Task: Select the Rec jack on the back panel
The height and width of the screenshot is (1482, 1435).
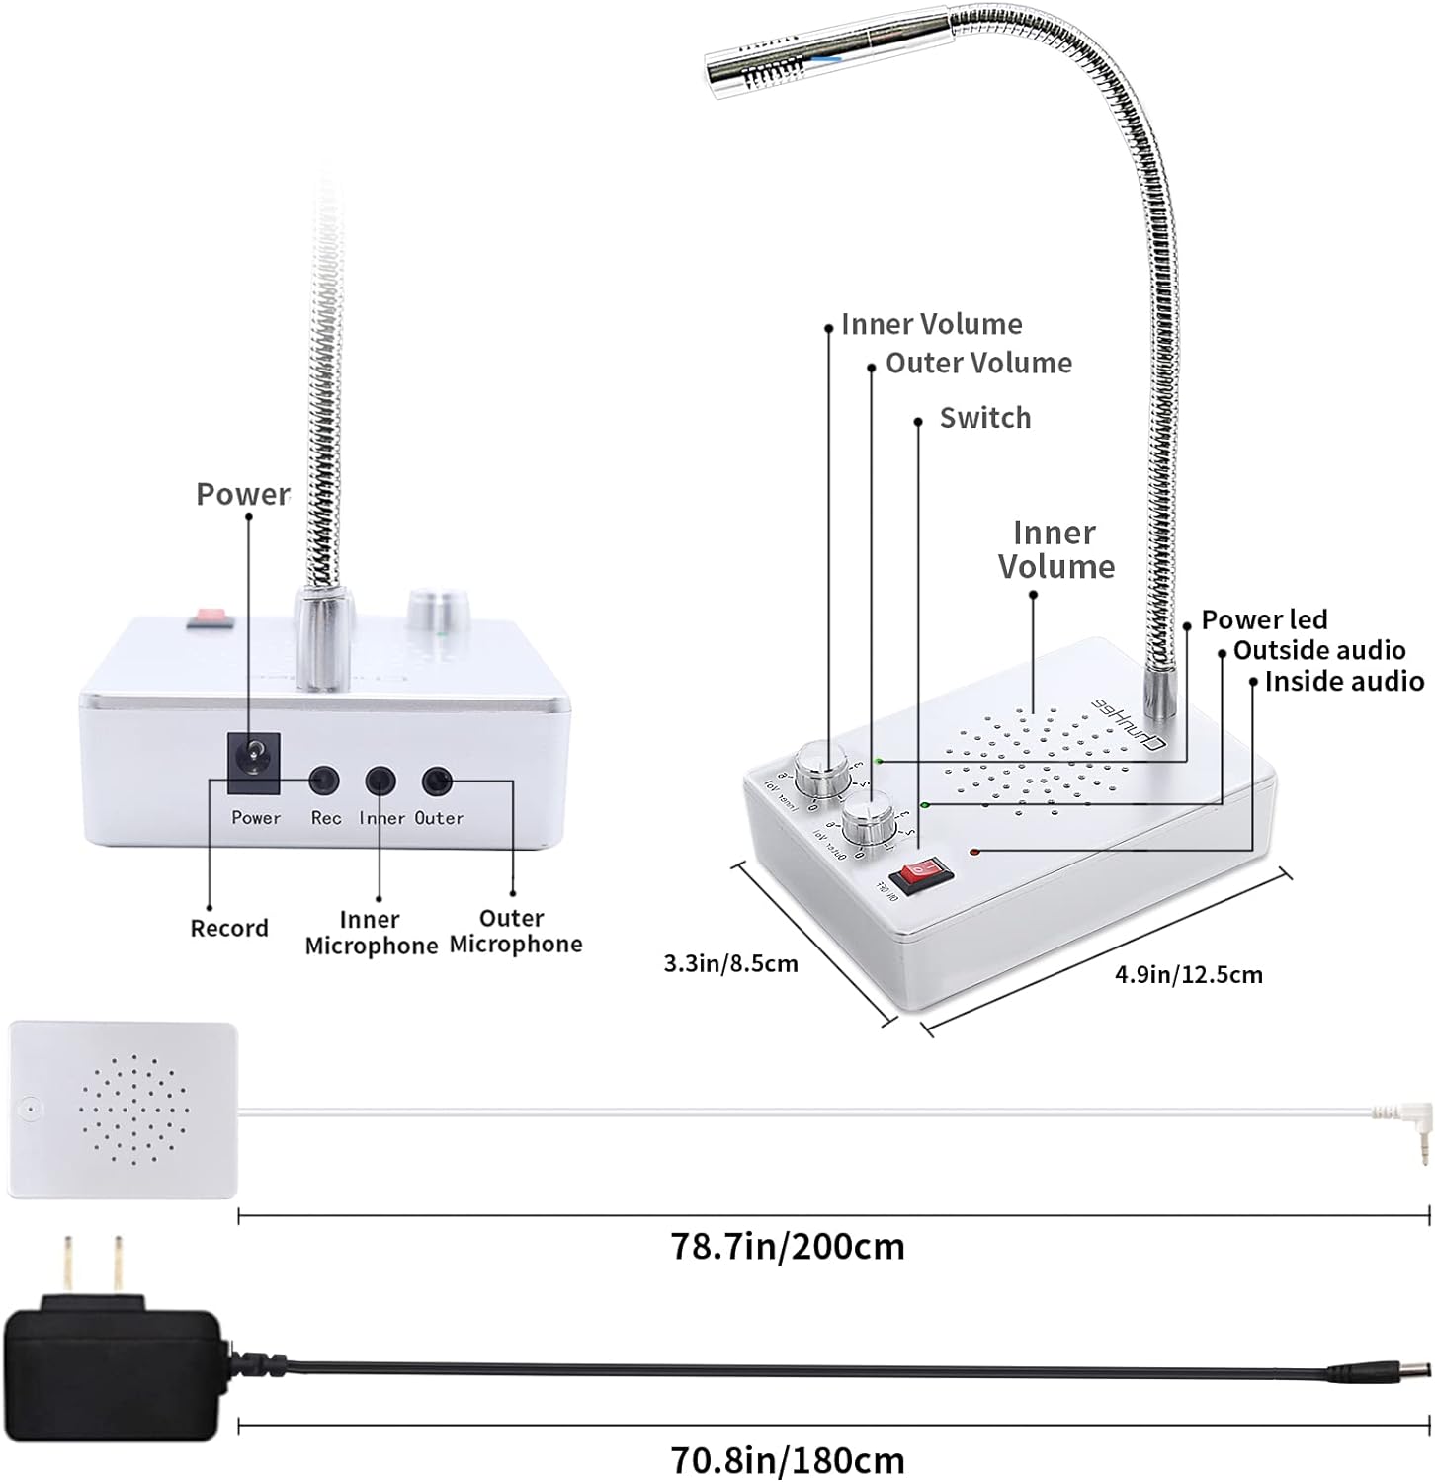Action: pyautogui.click(x=323, y=782)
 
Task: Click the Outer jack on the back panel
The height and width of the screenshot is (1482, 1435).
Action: pyautogui.click(x=437, y=782)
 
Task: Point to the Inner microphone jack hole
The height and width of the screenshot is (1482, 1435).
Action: pyautogui.click(x=380, y=782)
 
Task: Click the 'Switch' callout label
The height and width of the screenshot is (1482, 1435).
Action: pyautogui.click(x=984, y=418)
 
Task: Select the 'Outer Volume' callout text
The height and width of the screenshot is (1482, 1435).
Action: pyautogui.click(x=978, y=363)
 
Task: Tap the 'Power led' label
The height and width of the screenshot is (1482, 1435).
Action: pyautogui.click(x=1264, y=619)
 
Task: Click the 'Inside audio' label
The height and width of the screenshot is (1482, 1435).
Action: pyautogui.click(x=1344, y=681)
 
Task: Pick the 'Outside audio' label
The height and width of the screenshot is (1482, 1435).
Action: pyautogui.click(x=1319, y=650)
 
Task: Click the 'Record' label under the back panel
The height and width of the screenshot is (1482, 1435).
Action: pyautogui.click(x=229, y=928)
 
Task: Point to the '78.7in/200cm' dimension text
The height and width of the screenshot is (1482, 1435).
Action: pyautogui.click(x=788, y=1246)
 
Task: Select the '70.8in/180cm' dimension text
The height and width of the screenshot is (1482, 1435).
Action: pyautogui.click(x=788, y=1459)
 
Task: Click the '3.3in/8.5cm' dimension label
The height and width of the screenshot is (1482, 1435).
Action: pyautogui.click(x=730, y=963)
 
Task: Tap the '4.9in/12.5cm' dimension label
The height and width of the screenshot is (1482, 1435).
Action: pyautogui.click(x=1189, y=975)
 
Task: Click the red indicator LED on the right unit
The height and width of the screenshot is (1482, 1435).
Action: pyautogui.click(x=974, y=851)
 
